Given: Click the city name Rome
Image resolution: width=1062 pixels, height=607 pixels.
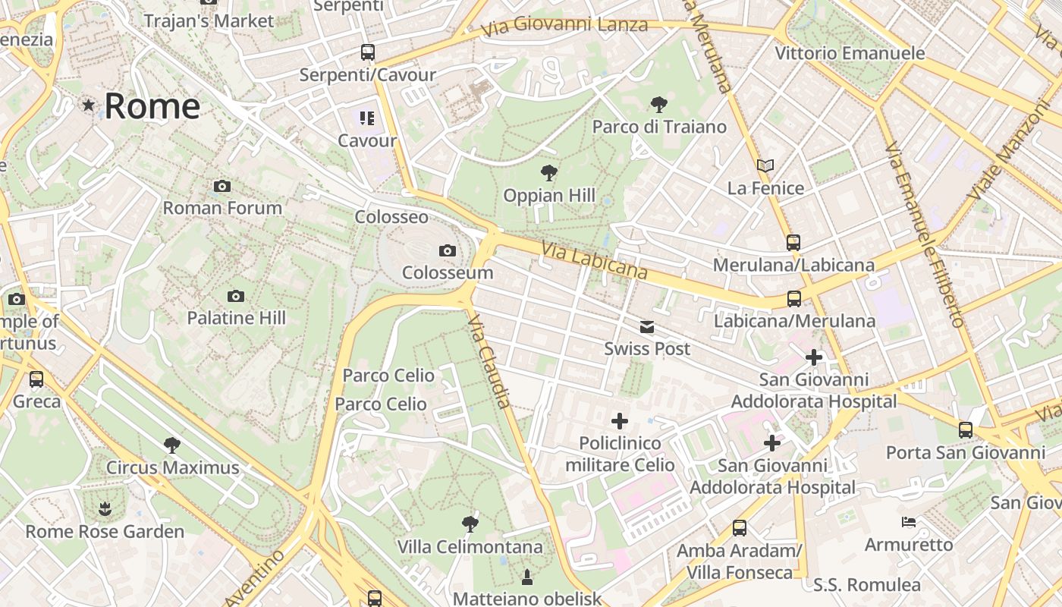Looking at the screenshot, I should click(152, 105).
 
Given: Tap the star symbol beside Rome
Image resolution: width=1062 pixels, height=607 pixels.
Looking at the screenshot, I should click(89, 105).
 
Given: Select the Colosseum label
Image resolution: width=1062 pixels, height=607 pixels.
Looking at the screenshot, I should click(448, 272).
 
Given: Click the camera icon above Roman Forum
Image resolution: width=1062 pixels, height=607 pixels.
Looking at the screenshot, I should click(222, 186).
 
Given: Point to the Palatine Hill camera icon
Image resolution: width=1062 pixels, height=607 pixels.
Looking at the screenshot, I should click(236, 296).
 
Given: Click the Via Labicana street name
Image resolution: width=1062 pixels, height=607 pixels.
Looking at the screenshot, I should click(595, 260).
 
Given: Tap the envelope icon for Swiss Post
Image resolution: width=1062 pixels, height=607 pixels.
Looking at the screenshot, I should click(647, 327).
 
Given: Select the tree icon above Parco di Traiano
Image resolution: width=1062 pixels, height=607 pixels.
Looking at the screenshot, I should click(658, 105).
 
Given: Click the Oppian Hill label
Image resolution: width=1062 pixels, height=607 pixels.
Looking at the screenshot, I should click(549, 195).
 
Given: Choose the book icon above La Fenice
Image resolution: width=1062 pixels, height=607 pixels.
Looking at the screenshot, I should click(765, 165).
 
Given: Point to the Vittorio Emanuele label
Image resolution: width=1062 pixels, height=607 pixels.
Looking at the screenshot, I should click(850, 53).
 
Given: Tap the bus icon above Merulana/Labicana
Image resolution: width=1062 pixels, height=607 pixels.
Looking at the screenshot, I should click(793, 243).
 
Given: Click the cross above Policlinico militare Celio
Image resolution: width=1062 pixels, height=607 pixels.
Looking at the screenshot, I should click(620, 420).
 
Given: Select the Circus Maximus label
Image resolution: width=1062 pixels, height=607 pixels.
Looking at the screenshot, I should click(172, 467).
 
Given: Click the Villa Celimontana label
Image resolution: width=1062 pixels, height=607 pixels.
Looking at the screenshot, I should click(470, 546).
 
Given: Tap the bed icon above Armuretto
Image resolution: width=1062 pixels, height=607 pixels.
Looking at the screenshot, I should click(908, 522).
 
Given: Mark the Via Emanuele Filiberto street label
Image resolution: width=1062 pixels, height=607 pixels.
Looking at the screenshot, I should click(924, 234).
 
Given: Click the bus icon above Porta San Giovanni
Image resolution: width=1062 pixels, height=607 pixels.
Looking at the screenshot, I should click(966, 430).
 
